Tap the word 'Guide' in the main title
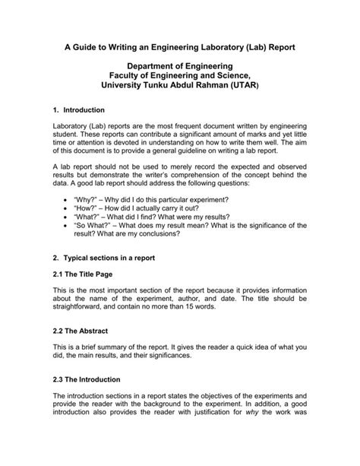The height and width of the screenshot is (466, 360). coord(90,48)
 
